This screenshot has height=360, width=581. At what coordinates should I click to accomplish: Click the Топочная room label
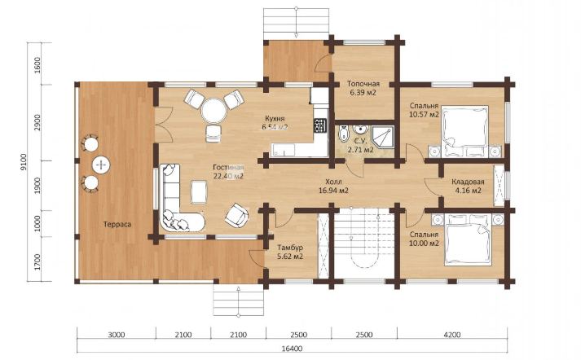(x=363, y=84)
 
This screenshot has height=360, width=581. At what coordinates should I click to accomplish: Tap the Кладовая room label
(x=468, y=182)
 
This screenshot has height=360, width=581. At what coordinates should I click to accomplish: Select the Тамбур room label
(x=290, y=248)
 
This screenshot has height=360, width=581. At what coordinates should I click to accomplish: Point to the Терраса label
(x=117, y=225)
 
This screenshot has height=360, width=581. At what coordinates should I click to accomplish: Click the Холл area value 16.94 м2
(x=333, y=191)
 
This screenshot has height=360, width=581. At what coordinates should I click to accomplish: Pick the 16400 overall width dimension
(x=292, y=349)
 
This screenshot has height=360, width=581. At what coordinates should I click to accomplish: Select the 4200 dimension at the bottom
(x=452, y=335)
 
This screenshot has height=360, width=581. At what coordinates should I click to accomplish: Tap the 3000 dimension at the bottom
(x=117, y=335)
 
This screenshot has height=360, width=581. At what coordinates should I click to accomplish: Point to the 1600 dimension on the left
(x=37, y=64)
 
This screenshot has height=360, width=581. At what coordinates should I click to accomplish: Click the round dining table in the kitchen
(x=213, y=110)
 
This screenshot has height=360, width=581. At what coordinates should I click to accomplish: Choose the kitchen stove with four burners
(x=320, y=125)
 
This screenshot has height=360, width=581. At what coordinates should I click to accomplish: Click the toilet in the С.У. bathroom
(x=344, y=134)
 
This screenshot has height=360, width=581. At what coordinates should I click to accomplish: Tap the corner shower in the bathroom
(x=383, y=137)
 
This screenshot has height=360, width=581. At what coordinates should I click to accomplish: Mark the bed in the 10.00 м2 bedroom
(x=469, y=239)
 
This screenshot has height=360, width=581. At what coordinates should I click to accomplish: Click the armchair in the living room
(x=237, y=216)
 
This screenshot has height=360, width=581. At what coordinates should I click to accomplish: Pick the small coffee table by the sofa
(x=199, y=192)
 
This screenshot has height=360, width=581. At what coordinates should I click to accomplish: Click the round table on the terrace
(x=101, y=165)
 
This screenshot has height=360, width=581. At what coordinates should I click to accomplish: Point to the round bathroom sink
(x=359, y=130)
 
